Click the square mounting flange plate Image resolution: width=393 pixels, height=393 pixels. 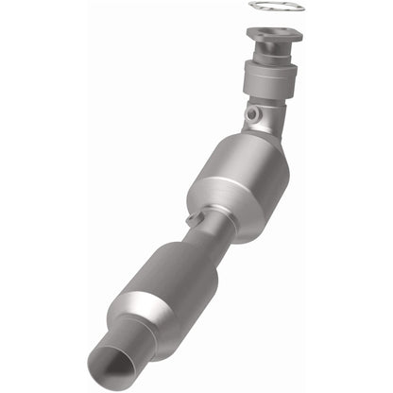point(273,39)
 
